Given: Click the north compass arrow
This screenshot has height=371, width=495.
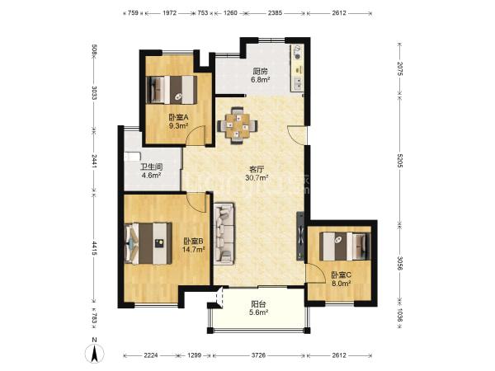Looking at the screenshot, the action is tap(94, 354).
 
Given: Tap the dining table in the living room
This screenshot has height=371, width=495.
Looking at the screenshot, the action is tap(237, 125).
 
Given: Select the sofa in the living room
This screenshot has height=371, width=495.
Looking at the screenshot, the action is tap(224, 234).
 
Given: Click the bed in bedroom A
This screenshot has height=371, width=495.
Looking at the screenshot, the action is tap(172, 90).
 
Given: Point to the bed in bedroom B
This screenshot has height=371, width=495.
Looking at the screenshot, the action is tap(148, 243).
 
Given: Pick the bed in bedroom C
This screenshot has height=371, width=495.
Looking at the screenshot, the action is tap(345, 246).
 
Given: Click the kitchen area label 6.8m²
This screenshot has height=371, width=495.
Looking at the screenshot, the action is tap(260, 80).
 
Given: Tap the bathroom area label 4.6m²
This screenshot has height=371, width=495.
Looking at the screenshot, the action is tap(152, 175).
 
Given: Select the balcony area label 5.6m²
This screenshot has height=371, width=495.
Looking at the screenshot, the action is tap(258, 312).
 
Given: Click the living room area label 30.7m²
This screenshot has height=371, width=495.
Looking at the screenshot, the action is tap(257, 177).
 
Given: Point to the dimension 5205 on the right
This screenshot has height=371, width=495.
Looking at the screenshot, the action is tap(399, 161).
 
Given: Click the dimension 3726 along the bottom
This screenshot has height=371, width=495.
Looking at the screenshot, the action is tap(258, 355).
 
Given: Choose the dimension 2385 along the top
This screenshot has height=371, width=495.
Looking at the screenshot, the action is tap(275, 13).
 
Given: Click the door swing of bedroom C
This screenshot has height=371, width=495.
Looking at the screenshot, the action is tap(316, 273).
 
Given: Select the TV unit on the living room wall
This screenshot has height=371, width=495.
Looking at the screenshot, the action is tap(300, 237).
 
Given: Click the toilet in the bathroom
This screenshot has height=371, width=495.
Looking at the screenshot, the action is tap(132, 157).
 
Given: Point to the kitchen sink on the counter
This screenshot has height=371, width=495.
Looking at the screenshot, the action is tap(297, 84).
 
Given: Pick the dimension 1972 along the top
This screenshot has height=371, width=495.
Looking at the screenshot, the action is tap(169, 13).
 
